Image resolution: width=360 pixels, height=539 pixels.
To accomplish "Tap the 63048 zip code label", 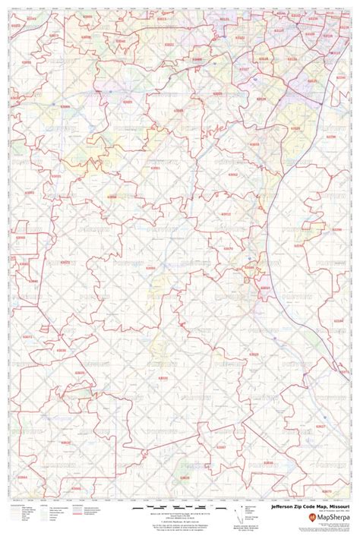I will pos(248,267).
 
